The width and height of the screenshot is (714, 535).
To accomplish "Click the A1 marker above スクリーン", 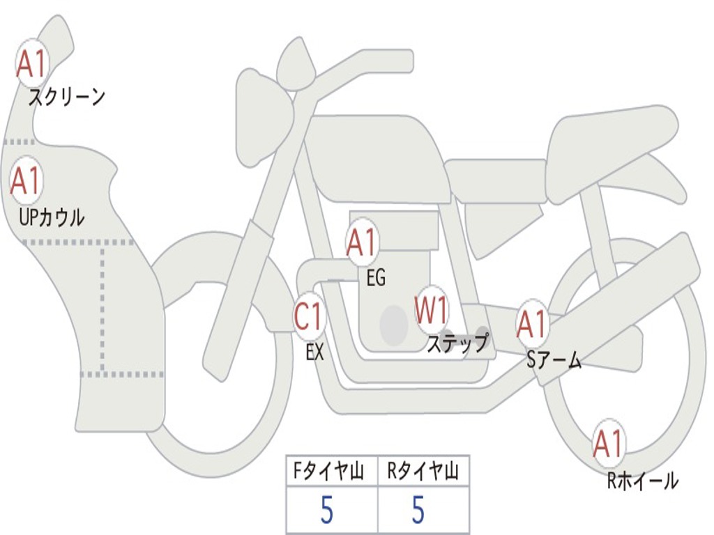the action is pyautogui.click(x=32, y=63).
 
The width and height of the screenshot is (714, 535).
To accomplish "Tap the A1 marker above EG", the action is pyautogui.click(x=362, y=242).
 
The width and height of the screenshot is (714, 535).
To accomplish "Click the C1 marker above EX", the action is pyautogui.click(x=310, y=316).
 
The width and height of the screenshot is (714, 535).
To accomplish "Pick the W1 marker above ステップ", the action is pyautogui.click(x=431, y=310).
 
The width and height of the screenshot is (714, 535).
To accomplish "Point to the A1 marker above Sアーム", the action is pyautogui.click(x=532, y=325).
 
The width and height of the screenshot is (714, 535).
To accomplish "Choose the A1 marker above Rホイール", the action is pyautogui.click(x=609, y=443).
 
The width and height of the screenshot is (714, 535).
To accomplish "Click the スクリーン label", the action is pyautogui.click(x=67, y=97).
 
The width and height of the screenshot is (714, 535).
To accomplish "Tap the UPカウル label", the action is pyautogui.click(x=52, y=217).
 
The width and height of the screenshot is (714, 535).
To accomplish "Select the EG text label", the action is pyautogui.click(x=376, y=277).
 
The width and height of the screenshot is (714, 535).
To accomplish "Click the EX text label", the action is pyautogui.click(x=315, y=352).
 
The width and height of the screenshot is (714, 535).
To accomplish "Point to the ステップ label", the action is pyautogui.click(x=457, y=342).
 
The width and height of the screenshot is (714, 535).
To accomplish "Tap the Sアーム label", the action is pyautogui.click(x=554, y=360).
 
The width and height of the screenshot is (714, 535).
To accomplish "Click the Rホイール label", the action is pyautogui.click(x=643, y=481).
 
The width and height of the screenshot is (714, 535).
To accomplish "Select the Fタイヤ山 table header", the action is pyautogui.click(x=328, y=471).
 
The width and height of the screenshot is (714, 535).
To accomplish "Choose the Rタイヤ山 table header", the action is pyautogui.click(x=422, y=471).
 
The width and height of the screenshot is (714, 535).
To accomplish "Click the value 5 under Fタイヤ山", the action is pyautogui.click(x=327, y=510).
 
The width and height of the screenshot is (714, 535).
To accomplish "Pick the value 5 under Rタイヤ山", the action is pyautogui.click(x=418, y=510).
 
